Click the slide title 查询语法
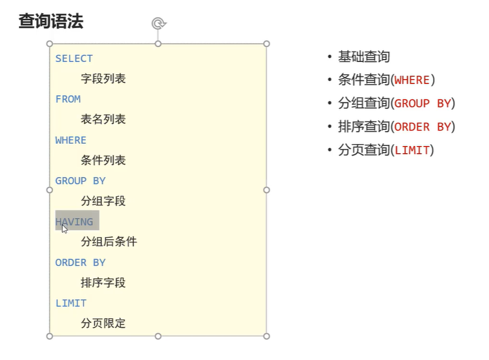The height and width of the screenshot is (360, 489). click(x=51, y=22)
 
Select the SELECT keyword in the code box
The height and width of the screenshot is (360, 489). click(x=74, y=58)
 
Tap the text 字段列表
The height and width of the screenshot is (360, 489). click(x=103, y=79)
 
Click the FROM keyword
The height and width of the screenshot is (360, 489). click(x=68, y=99)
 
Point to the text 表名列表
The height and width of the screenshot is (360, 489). click(x=103, y=119)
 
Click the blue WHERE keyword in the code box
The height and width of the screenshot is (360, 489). click(x=71, y=140)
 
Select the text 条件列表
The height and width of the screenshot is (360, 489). click(x=103, y=160)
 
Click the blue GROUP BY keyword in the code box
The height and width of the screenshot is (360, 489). click(x=81, y=181)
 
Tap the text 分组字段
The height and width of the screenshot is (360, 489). click(x=103, y=201)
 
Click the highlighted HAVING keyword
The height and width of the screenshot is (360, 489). click(x=75, y=222)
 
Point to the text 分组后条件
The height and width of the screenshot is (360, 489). click(x=109, y=242)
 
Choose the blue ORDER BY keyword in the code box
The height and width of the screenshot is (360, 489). click(x=81, y=262)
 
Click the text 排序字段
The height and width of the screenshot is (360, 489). click(x=103, y=283)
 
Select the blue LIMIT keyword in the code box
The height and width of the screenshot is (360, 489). click(x=71, y=303)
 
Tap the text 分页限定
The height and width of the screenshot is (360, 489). click(x=103, y=324)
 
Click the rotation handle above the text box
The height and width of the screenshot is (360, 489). click(x=158, y=23)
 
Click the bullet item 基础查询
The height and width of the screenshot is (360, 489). click(x=364, y=57)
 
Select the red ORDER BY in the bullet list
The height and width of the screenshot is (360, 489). click(x=423, y=127)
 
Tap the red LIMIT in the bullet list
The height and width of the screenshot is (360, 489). click(x=412, y=150)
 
